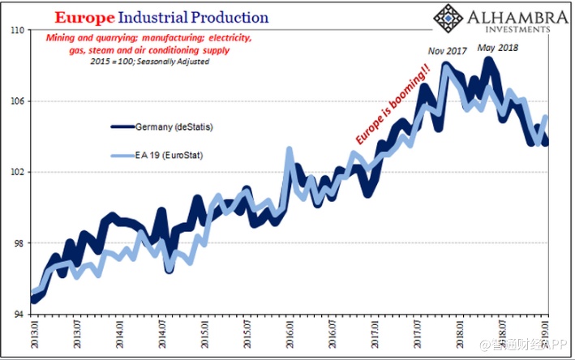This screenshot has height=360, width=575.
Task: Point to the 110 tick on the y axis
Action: tap(17, 30)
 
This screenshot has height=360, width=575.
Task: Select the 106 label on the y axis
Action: tap(17, 101)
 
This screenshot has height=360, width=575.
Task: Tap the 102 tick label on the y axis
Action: tap(17, 172)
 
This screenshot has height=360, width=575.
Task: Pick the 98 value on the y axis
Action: tap(19, 243)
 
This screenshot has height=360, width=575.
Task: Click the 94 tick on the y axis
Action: tap(19, 314)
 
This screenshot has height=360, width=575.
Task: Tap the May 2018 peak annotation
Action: tap(496, 48)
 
